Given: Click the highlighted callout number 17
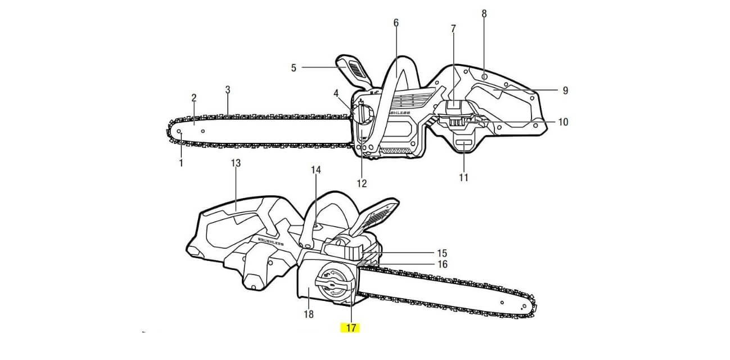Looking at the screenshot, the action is (x=351, y=328).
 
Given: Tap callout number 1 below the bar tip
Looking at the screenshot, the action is (x=181, y=163).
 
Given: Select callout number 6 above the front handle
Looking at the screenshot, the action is (x=396, y=23).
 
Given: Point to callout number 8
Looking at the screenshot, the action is (x=484, y=13).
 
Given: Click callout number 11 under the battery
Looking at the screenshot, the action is (x=463, y=178).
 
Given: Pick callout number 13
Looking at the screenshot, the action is (x=236, y=163).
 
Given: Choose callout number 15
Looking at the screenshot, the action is (x=442, y=253).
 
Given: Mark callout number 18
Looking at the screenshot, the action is (x=309, y=314).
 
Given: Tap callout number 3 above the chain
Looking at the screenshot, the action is (x=228, y=89).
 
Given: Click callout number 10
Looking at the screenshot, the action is (x=563, y=122).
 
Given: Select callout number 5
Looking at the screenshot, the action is (x=294, y=68).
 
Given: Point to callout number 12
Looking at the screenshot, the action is (x=362, y=183).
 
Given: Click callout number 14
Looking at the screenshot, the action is (x=316, y=170).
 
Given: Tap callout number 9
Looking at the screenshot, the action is (x=565, y=91).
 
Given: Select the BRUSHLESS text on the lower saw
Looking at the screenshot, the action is (x=271, y=242).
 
